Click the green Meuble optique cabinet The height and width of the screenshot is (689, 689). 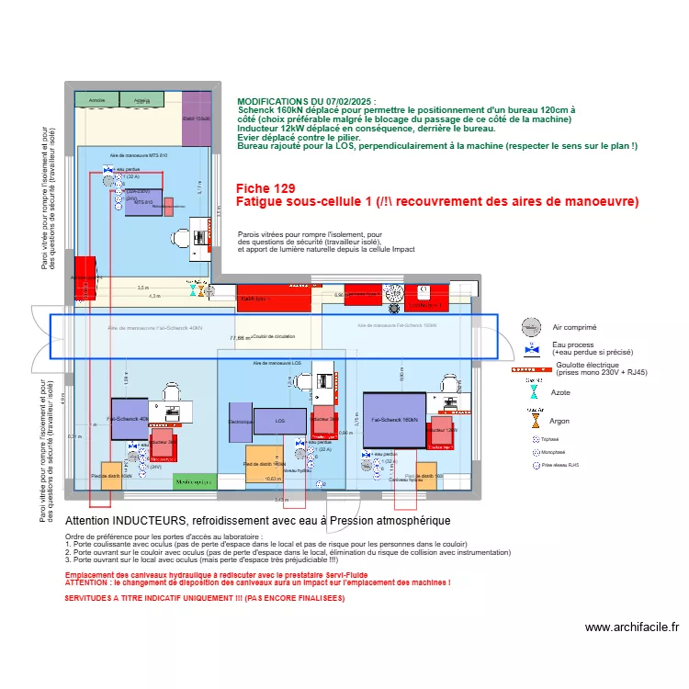(196, 481)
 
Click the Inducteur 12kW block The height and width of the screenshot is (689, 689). (440, 430)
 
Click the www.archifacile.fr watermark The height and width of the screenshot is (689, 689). (632, 627)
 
